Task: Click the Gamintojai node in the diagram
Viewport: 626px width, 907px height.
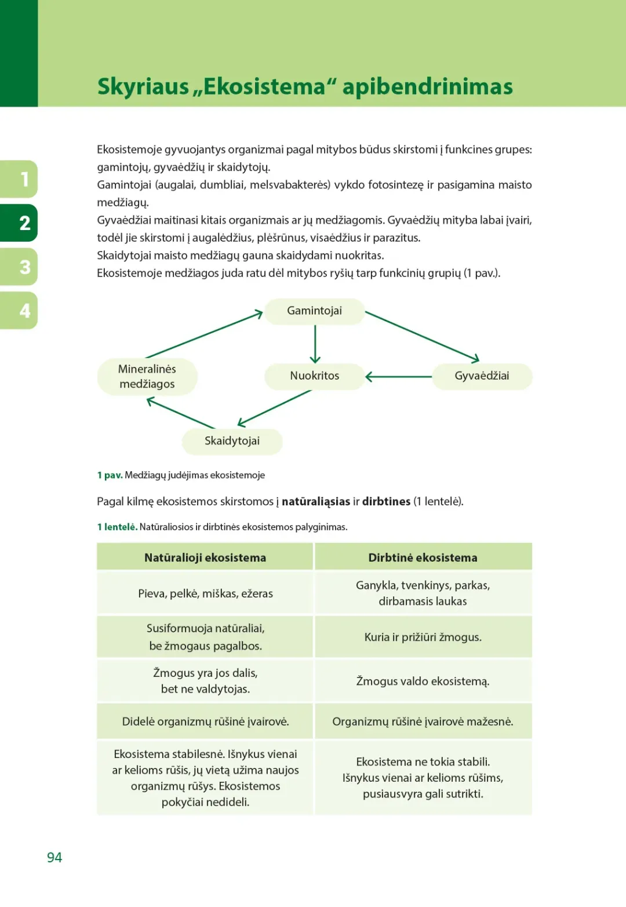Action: coord(315,311)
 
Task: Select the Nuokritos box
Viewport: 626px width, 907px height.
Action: coord(315,376)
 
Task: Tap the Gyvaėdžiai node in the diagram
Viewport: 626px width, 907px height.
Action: coord(482,376)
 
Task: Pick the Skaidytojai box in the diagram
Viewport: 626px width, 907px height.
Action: coord(232,441)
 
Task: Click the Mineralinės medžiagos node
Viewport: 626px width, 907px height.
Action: coord(147,377)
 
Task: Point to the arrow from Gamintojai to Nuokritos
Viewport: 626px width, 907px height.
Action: coord(315,344)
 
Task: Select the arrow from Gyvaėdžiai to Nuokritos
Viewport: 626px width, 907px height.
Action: coord(399,377)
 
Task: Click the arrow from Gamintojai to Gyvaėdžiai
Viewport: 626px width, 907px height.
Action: coord(422,337)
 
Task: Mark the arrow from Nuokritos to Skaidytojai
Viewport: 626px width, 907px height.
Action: coord(275,408)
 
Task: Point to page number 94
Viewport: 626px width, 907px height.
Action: coord(54,857)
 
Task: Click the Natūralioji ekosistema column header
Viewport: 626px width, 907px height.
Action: coord(205,558)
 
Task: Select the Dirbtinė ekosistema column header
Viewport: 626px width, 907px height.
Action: coord(423,558)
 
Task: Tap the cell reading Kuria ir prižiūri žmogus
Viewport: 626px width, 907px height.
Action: coord(423,637)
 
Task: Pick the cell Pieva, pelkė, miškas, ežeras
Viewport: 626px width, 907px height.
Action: coord(205,593)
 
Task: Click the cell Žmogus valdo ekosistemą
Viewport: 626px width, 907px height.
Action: coord(423,681)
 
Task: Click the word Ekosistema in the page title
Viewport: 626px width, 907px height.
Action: coord(264,87)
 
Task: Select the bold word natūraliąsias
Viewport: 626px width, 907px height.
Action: coord(316,501)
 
